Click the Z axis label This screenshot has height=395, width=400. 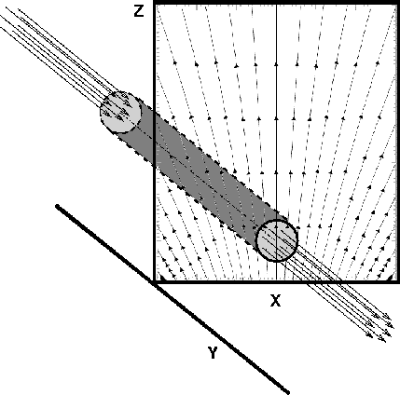(139, 11)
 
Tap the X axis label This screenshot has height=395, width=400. (276, 300)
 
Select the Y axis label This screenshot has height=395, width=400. (213, 353)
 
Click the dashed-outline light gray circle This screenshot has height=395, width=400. (120, 112)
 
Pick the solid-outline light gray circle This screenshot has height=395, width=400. (277, 240)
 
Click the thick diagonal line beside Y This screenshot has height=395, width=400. (172, 299)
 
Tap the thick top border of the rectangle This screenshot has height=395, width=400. (277, 3)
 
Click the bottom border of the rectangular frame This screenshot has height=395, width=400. (277, 282)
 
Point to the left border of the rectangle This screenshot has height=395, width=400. (154, 143)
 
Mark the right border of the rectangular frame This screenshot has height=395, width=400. (399, 143)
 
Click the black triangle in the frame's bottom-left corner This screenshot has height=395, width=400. (160, 277)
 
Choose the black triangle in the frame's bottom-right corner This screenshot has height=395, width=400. (393, 277)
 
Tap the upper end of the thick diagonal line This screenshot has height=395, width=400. (57, 206)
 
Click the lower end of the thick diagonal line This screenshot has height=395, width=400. (288, 392)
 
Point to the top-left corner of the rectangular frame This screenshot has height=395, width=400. (155, 2)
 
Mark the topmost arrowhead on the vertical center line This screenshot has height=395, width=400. (276, 64)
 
